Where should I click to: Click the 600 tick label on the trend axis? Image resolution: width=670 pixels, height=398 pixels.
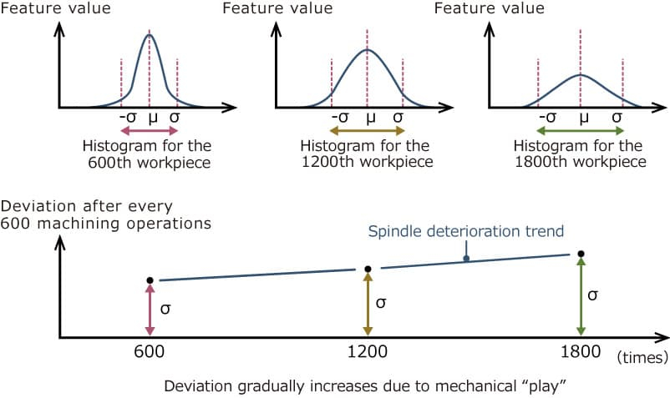149,352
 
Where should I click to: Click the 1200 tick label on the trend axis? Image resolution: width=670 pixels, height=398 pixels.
367,352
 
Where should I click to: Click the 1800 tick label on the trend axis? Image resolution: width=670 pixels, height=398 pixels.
581,352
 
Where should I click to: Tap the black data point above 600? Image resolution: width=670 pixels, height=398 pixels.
150,280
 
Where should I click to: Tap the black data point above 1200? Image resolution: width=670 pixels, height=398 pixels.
368,269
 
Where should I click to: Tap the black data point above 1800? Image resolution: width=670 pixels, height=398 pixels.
581,254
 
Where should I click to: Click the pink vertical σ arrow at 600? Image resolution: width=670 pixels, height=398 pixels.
150,310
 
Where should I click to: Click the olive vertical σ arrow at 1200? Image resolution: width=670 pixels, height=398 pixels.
368,304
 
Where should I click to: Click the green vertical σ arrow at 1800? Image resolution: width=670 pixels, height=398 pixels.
581,297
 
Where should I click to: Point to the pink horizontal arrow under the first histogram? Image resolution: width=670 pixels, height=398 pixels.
150,131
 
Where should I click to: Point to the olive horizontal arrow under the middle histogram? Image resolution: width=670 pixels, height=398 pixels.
368,131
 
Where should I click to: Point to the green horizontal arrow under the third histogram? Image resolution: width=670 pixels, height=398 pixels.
581,131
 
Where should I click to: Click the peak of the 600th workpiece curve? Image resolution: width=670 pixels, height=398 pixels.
150,35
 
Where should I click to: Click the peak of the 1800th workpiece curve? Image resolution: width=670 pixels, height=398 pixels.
581,75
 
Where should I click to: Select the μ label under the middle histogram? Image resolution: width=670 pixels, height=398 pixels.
368,118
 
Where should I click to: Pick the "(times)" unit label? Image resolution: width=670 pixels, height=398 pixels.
642,356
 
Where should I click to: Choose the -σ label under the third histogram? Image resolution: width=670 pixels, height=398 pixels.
548,118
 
